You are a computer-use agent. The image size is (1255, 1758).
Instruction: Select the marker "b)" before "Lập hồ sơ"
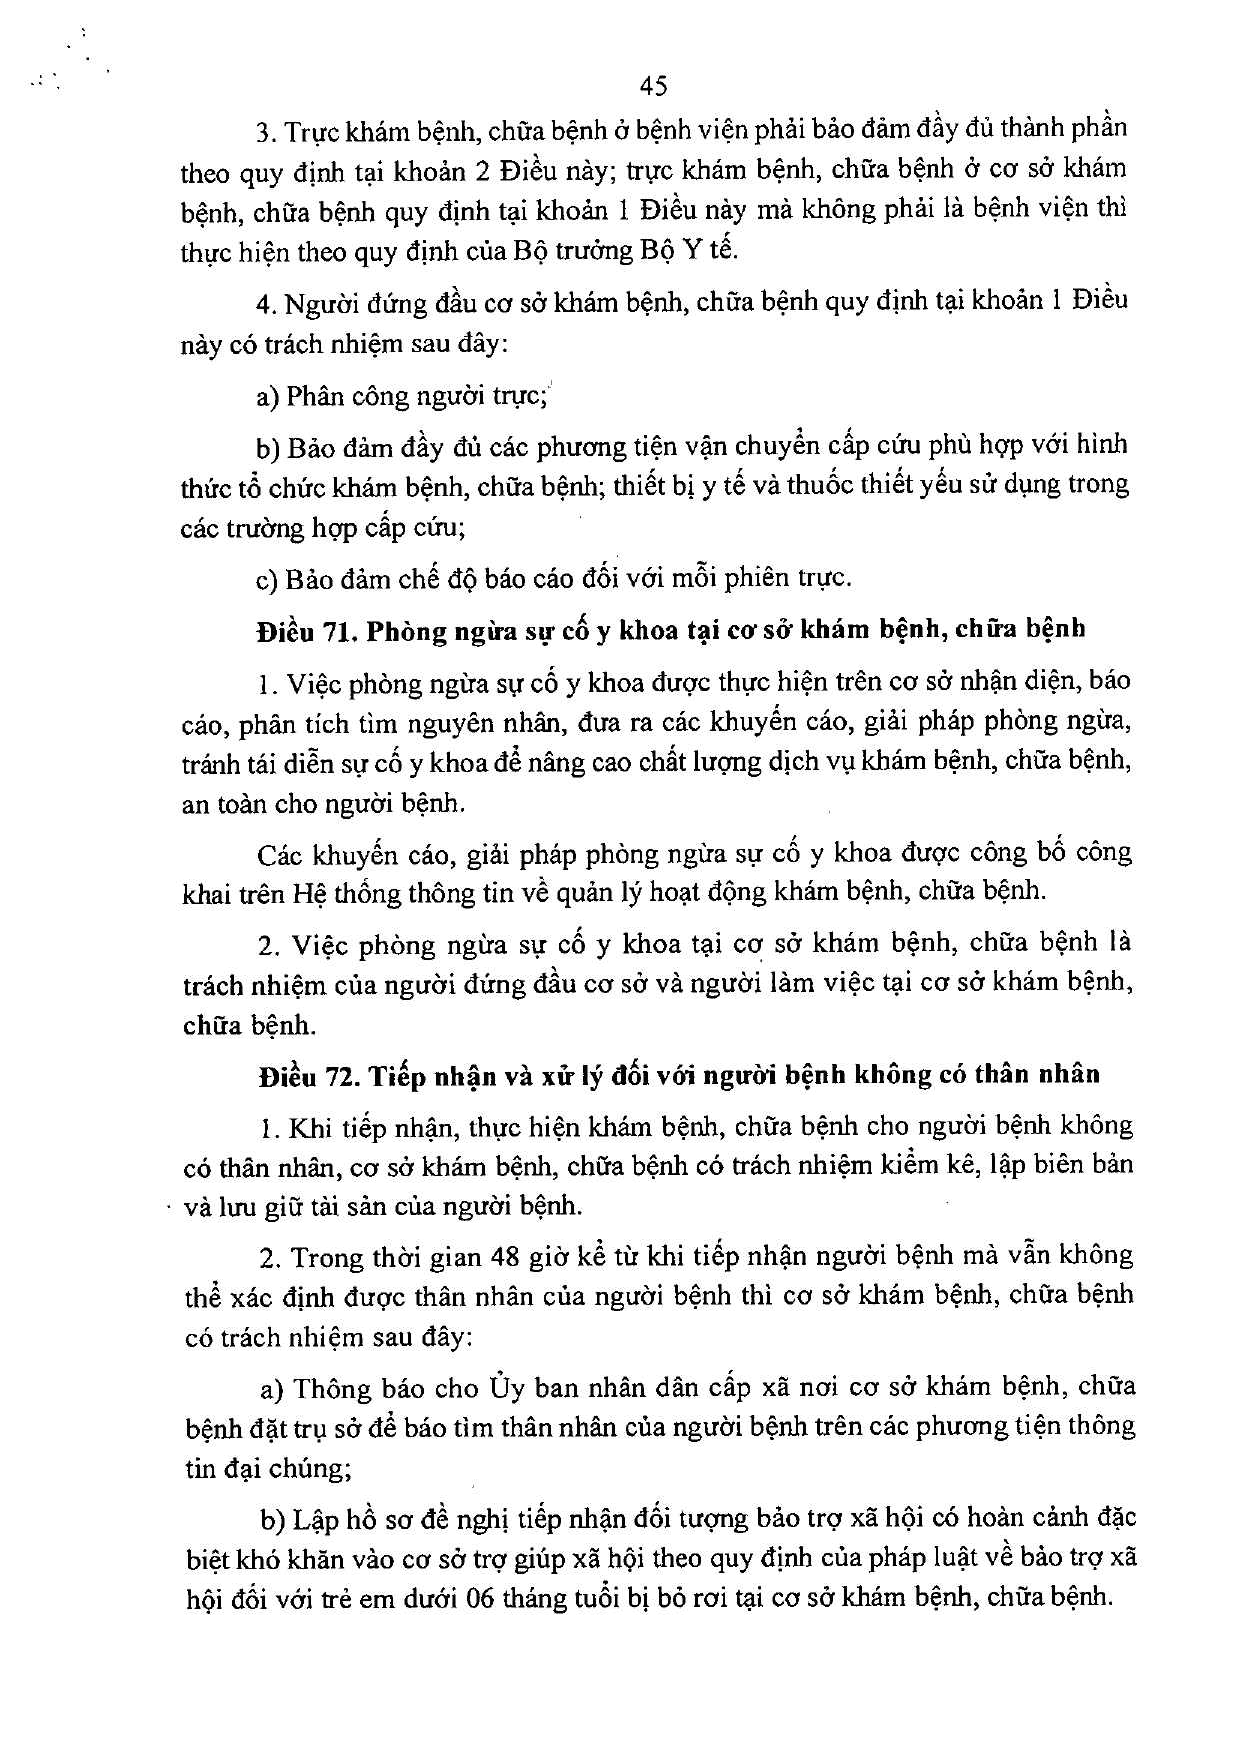(273, 1520)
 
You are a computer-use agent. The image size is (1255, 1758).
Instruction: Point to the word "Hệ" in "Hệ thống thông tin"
(303, 892)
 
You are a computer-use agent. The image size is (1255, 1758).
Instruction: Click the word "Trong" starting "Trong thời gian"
(323, 1255)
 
